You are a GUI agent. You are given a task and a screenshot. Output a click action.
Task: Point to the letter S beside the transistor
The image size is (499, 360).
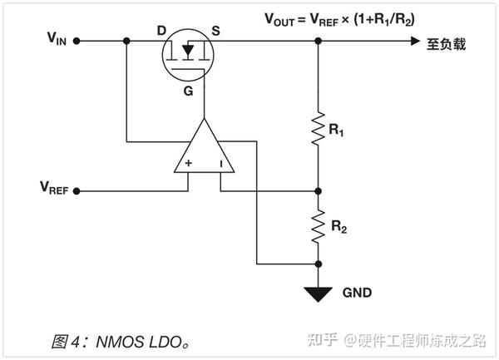pos(216,31)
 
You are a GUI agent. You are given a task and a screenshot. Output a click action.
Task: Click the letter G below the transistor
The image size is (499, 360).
pos(189,91)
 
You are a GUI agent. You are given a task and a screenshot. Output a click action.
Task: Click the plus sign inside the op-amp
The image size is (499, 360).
pos(189,163)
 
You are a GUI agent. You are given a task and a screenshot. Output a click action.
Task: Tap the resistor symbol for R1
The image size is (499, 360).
pos(318,129)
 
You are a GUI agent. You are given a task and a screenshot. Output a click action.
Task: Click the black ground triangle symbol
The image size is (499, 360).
pos(318,293)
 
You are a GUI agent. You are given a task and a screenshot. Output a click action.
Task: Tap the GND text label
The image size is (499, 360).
pos(357,293)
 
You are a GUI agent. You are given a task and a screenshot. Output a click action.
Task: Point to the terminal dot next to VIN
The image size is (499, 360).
pos(76,40)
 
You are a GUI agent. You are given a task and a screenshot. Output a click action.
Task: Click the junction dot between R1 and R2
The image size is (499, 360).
pos(318,190)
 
